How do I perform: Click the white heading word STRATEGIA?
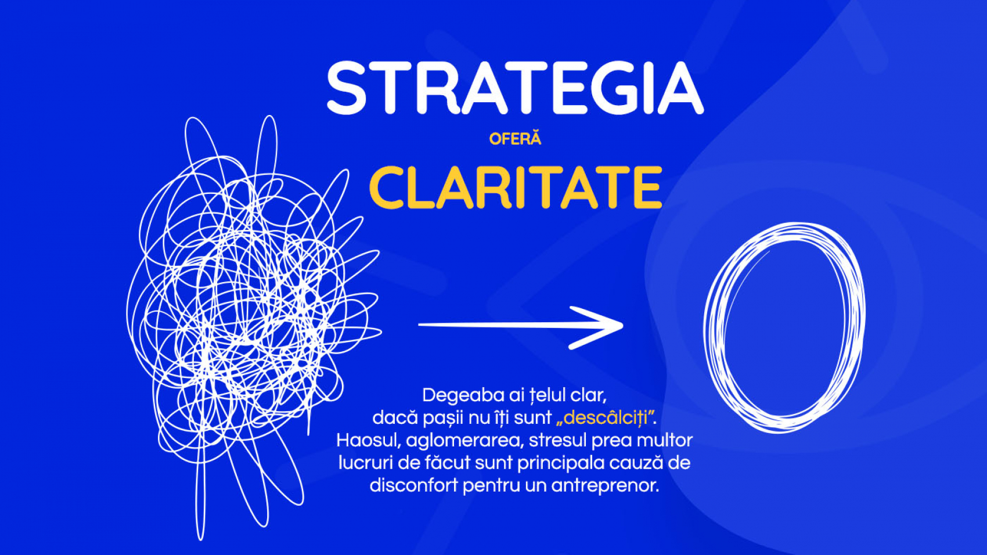[x=515, y=88]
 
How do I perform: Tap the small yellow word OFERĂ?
[x=515, y=139]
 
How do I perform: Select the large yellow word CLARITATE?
[x=516, y=188]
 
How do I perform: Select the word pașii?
[x=443, y=419]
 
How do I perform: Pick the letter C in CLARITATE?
[x=388, y=188]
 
